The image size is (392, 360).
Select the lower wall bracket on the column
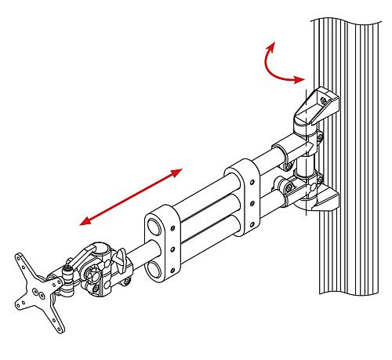pyautogui.click(x=318, y=200)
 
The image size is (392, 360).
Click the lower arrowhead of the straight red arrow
pyautogui.click(x=85, y=221)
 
